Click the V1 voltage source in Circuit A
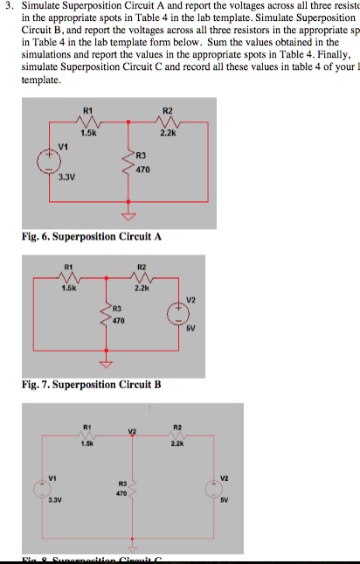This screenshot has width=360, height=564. click(40, 164)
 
